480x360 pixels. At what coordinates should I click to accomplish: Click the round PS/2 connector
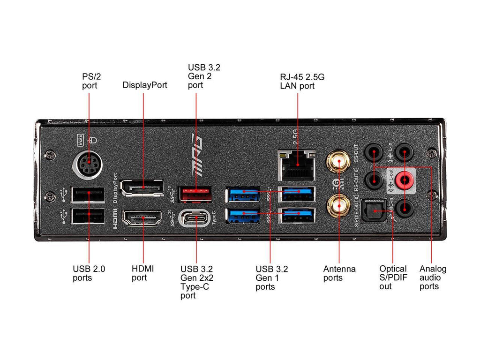click(88, 165)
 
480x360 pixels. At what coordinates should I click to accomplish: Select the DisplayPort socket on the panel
click(142, 187)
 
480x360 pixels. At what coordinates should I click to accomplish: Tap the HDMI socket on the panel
click(142, 218)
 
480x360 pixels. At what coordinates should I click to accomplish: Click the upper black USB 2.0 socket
click(89, 194)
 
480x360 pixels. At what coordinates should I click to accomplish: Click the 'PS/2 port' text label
click(89, 81)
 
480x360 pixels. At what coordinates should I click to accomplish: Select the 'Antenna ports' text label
click(339, 273)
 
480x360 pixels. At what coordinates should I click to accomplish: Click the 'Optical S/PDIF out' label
click(393, 277)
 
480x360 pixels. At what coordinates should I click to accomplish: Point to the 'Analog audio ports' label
click(433, 277)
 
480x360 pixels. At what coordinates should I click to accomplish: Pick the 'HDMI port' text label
click(142, 273)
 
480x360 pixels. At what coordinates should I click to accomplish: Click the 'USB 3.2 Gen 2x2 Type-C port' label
click(196, 282)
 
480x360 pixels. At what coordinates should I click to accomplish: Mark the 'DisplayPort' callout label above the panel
click(145, 85)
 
